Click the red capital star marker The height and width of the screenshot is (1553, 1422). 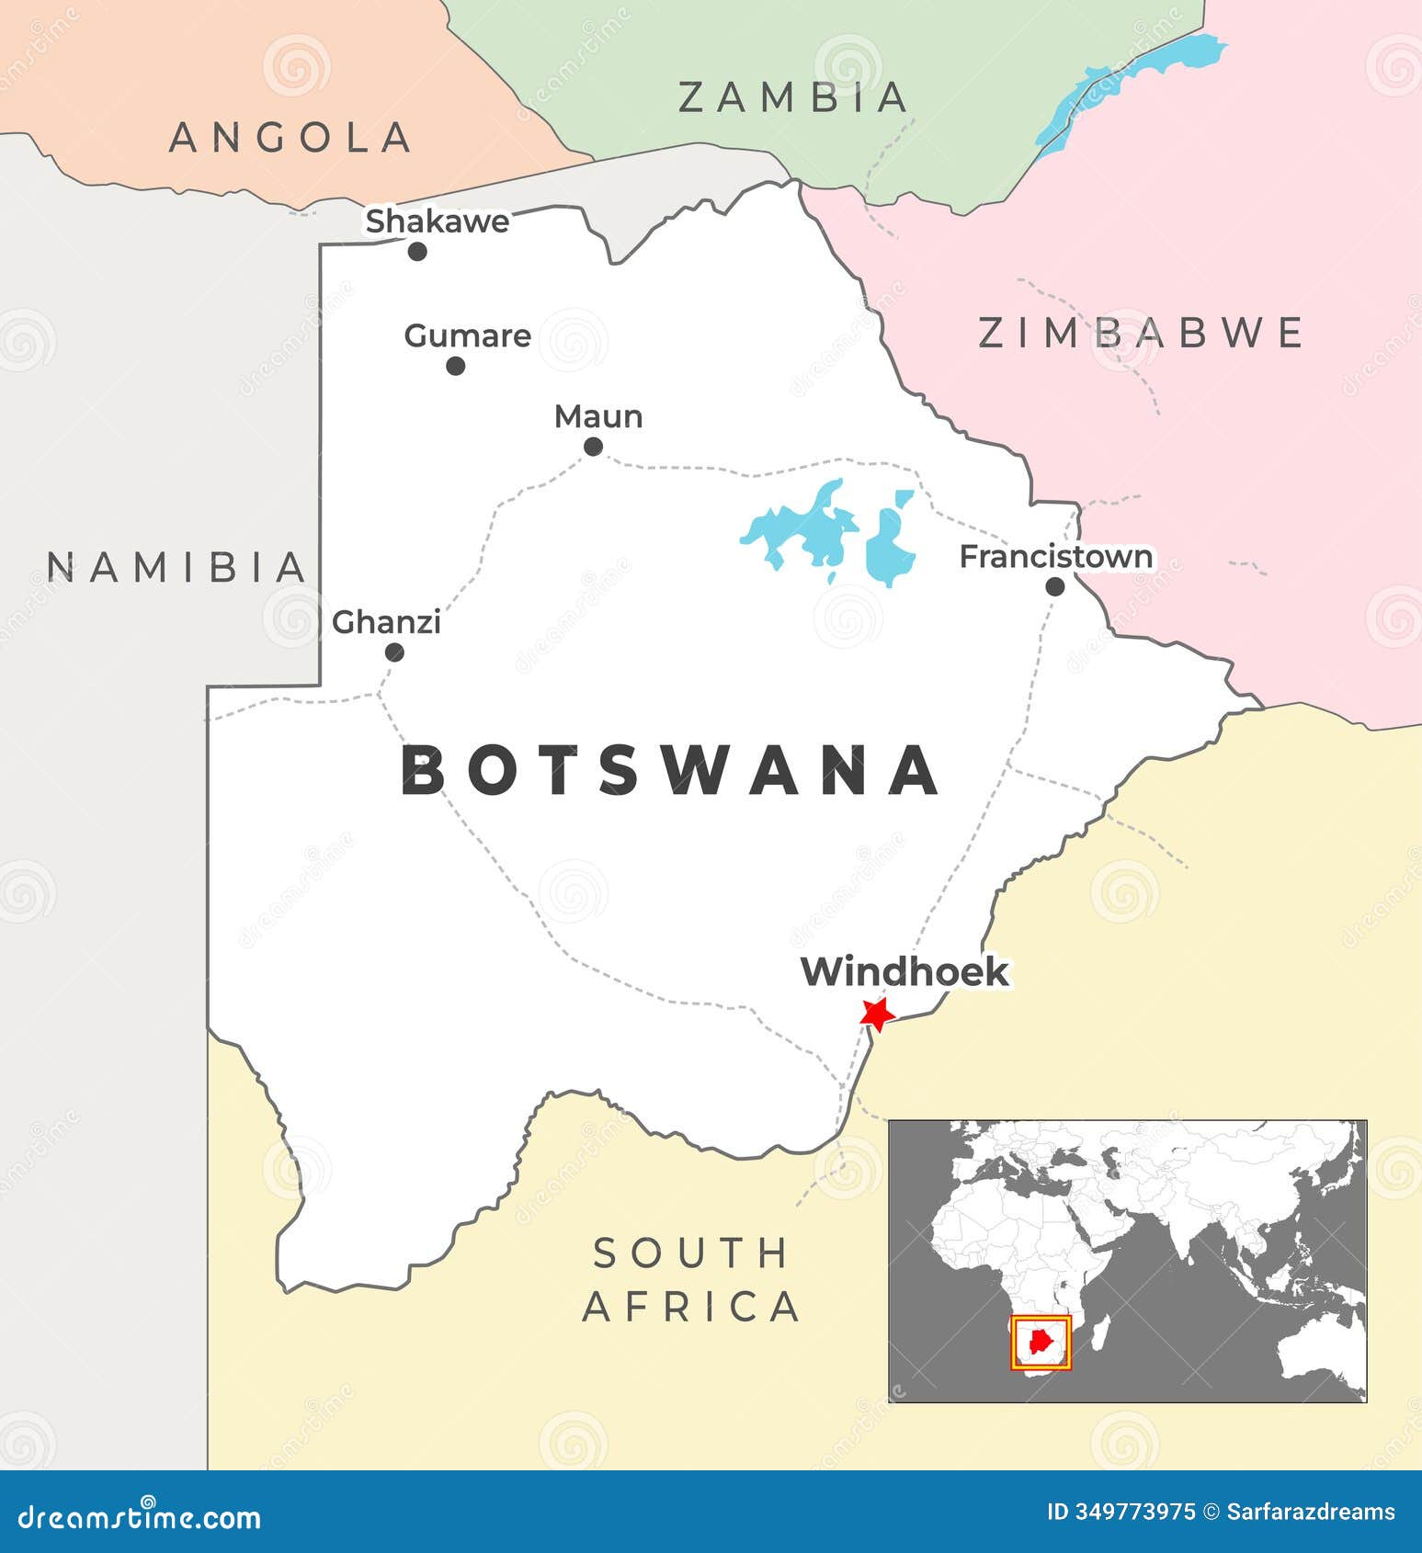click(876, 1014)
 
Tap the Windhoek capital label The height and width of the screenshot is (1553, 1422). click(904, 972)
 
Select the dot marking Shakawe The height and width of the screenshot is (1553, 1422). click(417, 251)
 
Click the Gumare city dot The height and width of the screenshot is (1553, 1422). click(455, 366)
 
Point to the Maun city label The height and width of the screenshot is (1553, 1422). click(598, 417)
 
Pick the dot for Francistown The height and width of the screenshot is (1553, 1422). click(1055, 586)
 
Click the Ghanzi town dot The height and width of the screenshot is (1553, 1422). click(394, 652)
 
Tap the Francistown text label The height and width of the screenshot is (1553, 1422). click(1055, 557)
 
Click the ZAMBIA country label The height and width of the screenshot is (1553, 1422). click(793, 97)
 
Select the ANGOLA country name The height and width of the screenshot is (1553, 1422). click(290, 138)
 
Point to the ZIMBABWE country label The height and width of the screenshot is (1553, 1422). click(1140, 333)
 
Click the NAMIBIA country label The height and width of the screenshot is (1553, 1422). click(176, 567)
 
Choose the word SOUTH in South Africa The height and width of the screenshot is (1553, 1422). click(691, 1253)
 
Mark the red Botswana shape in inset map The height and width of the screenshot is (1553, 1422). click(1041, 1342)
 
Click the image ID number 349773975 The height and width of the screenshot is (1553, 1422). click(1134, 1512)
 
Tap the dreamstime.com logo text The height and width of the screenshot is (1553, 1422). click(140, 1517)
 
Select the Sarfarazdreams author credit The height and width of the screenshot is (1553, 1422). click(1311, 1512)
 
